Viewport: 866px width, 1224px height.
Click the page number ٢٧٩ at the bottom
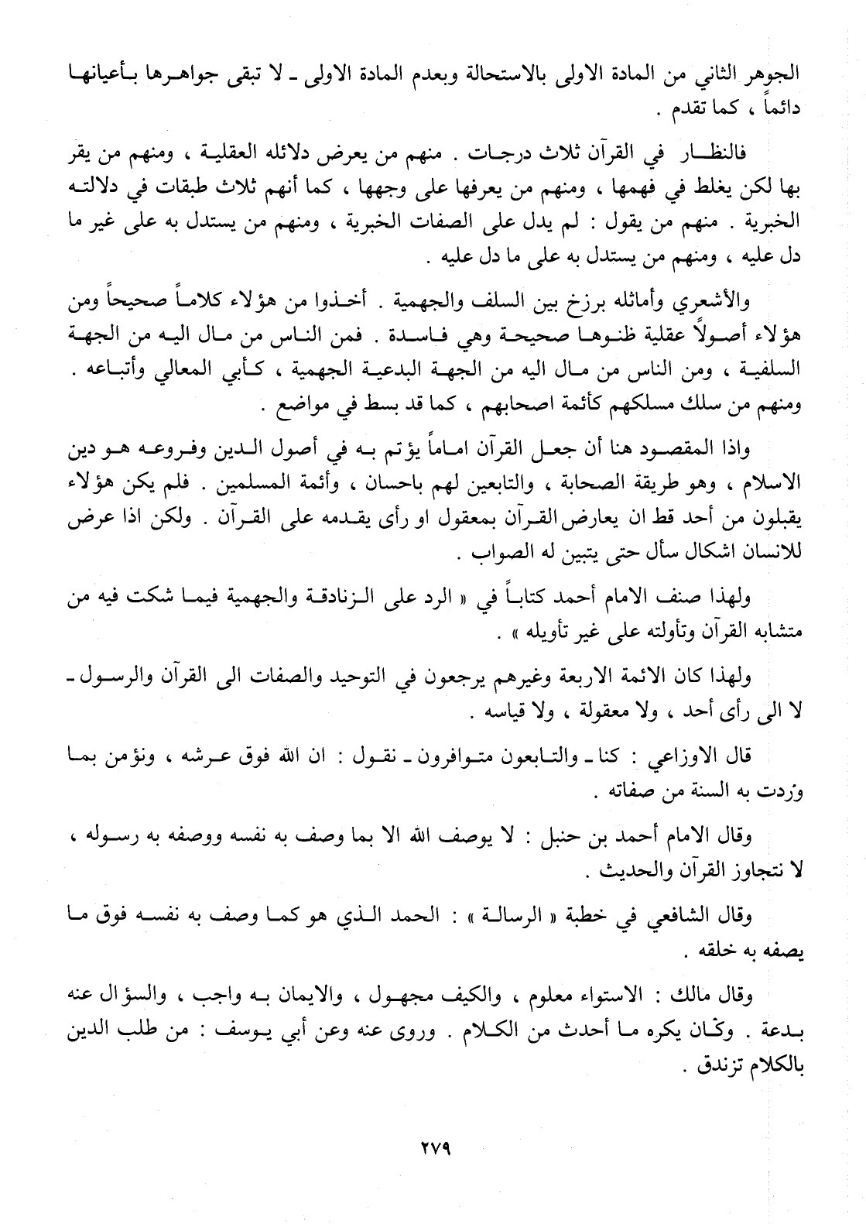tap(433, 1147)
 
